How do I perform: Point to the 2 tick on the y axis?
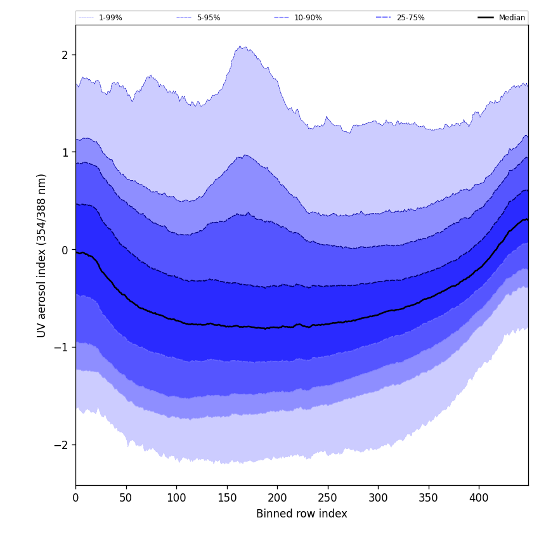click(64, 55)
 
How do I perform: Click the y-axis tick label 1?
click(64, 152)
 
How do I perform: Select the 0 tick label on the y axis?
click(64, 250)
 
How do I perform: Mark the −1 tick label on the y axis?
click(61, 347)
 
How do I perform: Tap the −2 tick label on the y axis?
click(61, 445)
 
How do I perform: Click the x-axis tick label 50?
click(126, 497)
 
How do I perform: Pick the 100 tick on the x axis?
click(176, 497)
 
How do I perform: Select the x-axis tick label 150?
click(226, 497)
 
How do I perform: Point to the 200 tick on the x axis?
click(277, 497)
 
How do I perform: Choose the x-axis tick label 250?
click(327, 497)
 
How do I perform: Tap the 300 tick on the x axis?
click(378, 497)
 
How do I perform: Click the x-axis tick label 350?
click(428, 497)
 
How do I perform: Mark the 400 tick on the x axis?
click(479, 497)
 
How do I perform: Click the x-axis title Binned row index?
click(302, 514)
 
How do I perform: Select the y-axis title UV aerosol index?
click(42, 255)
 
